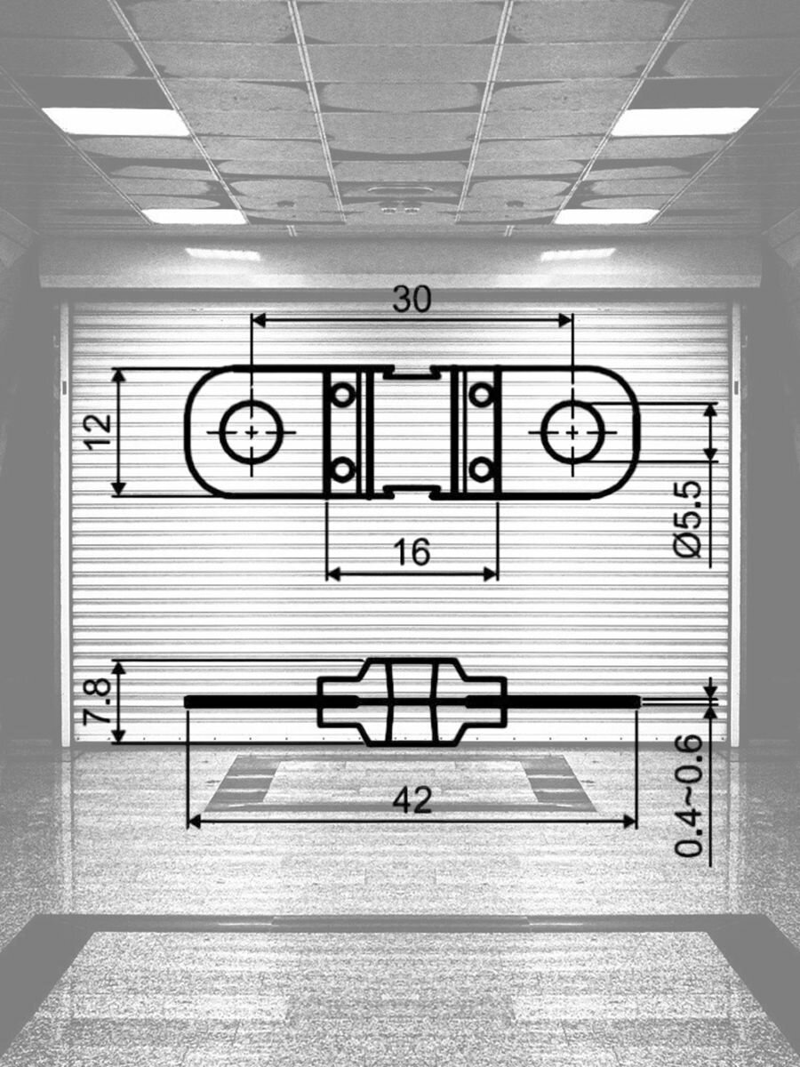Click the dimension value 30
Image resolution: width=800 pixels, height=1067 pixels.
(412, 301)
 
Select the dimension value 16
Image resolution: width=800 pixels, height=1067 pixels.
(412, 553)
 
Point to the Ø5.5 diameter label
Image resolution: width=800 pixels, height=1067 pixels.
(689, 519)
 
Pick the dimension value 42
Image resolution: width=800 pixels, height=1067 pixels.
(412, 801)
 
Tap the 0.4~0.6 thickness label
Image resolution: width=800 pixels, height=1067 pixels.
(689, 797)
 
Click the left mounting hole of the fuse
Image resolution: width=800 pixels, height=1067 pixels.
(252, 431)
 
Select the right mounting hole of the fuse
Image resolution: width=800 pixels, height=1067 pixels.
(572, 431)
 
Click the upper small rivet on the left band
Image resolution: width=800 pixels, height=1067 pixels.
(342, 394)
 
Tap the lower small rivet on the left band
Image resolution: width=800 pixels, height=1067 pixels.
(342, 469)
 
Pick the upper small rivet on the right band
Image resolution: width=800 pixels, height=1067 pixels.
(481, 394)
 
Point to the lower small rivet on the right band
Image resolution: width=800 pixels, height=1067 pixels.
(481, 469)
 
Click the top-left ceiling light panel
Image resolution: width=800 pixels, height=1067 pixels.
(116, 121)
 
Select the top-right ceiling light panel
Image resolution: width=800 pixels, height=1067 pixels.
(684, 121)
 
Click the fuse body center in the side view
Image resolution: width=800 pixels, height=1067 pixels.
(412, 702)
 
